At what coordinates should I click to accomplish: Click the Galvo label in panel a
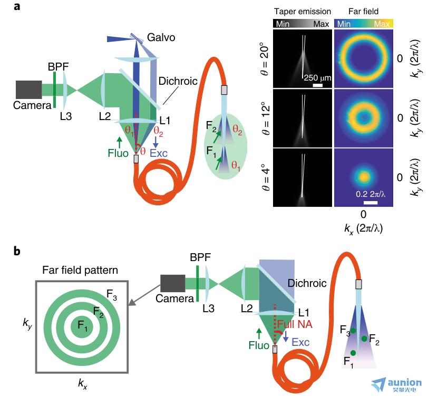pyautogui.click(x=161, y=37)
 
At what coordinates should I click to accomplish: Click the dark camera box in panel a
pyautogui.click(x=29, y=89)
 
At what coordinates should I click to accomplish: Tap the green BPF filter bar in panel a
pyautogui.click(x=55, y=89)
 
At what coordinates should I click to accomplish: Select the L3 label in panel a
pyautogui.click(x=66, y=116)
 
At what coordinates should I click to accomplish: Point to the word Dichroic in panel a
pyautogui.click(x=178, y=81)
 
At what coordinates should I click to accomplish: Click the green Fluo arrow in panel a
pyautogui.click(x=119, y=142)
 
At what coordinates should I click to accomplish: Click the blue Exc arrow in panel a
pyautogui.click(x=155, y=142)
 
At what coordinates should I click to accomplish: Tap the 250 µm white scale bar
pyautogui.click(x=317, y=85)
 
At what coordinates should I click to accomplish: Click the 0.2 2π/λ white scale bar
pyautogui.click(x=371, y=203)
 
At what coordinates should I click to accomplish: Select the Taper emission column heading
pyautogui.click(x=303, y=12)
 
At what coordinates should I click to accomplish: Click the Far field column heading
pyautogui.click(x=363, y=12)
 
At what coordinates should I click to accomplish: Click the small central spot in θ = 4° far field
pyautogui.click(x=364, y=177)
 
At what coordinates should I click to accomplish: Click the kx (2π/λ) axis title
pyautogui.click(x=363, y=228)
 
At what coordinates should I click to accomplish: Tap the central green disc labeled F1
pyautogui.click(x=82, y=326)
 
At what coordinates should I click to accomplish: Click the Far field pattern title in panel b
pyautogui.click(x=80, y=270)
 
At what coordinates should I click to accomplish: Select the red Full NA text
pyautogui.click(x=295, y=324)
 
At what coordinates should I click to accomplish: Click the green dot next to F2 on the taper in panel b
pyautogui.click(x=364, y=339)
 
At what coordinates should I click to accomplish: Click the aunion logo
pyautogui.click(x=396, y=384)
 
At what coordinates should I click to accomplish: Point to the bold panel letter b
pyautogui.click(x=17, y=251)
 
